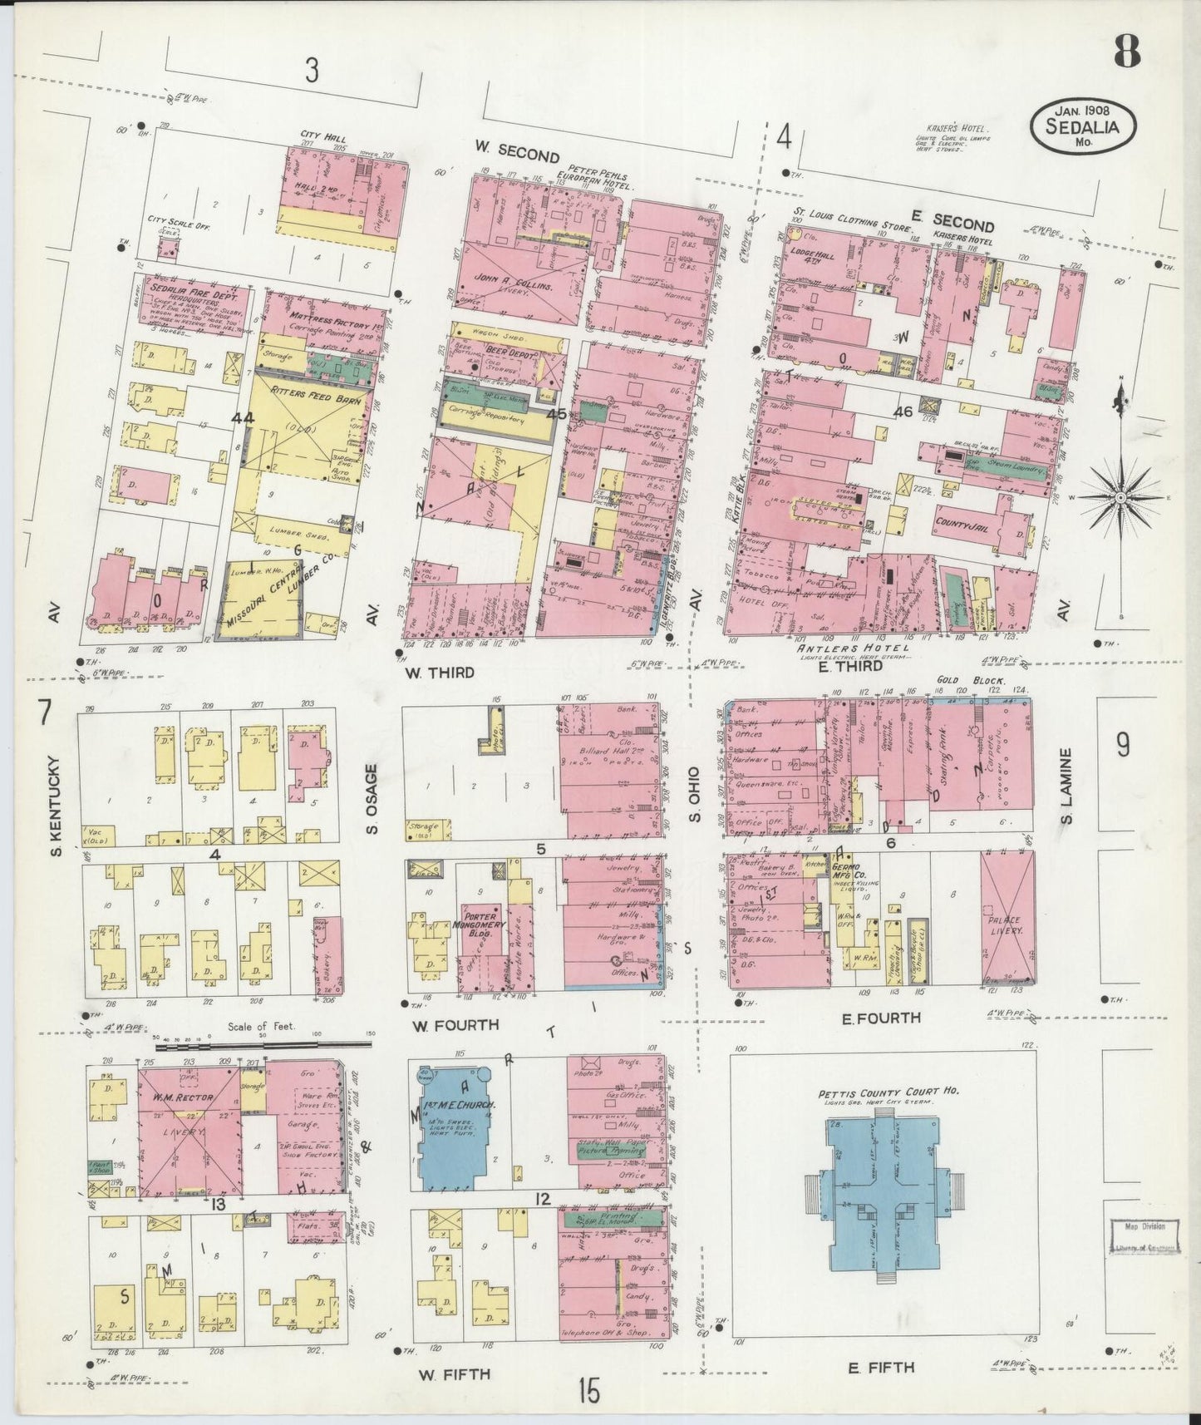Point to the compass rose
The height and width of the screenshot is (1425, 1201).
click(1120, 497)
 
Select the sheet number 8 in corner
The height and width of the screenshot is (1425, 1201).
click(1126, 54)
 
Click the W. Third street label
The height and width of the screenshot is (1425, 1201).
click(440, 672)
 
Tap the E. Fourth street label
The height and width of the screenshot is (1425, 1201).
click(881, 1017)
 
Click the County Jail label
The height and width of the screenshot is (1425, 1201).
click(962, 525)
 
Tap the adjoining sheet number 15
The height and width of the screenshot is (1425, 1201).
click(588, 1389)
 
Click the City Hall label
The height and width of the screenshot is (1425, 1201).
click(324, 138)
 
